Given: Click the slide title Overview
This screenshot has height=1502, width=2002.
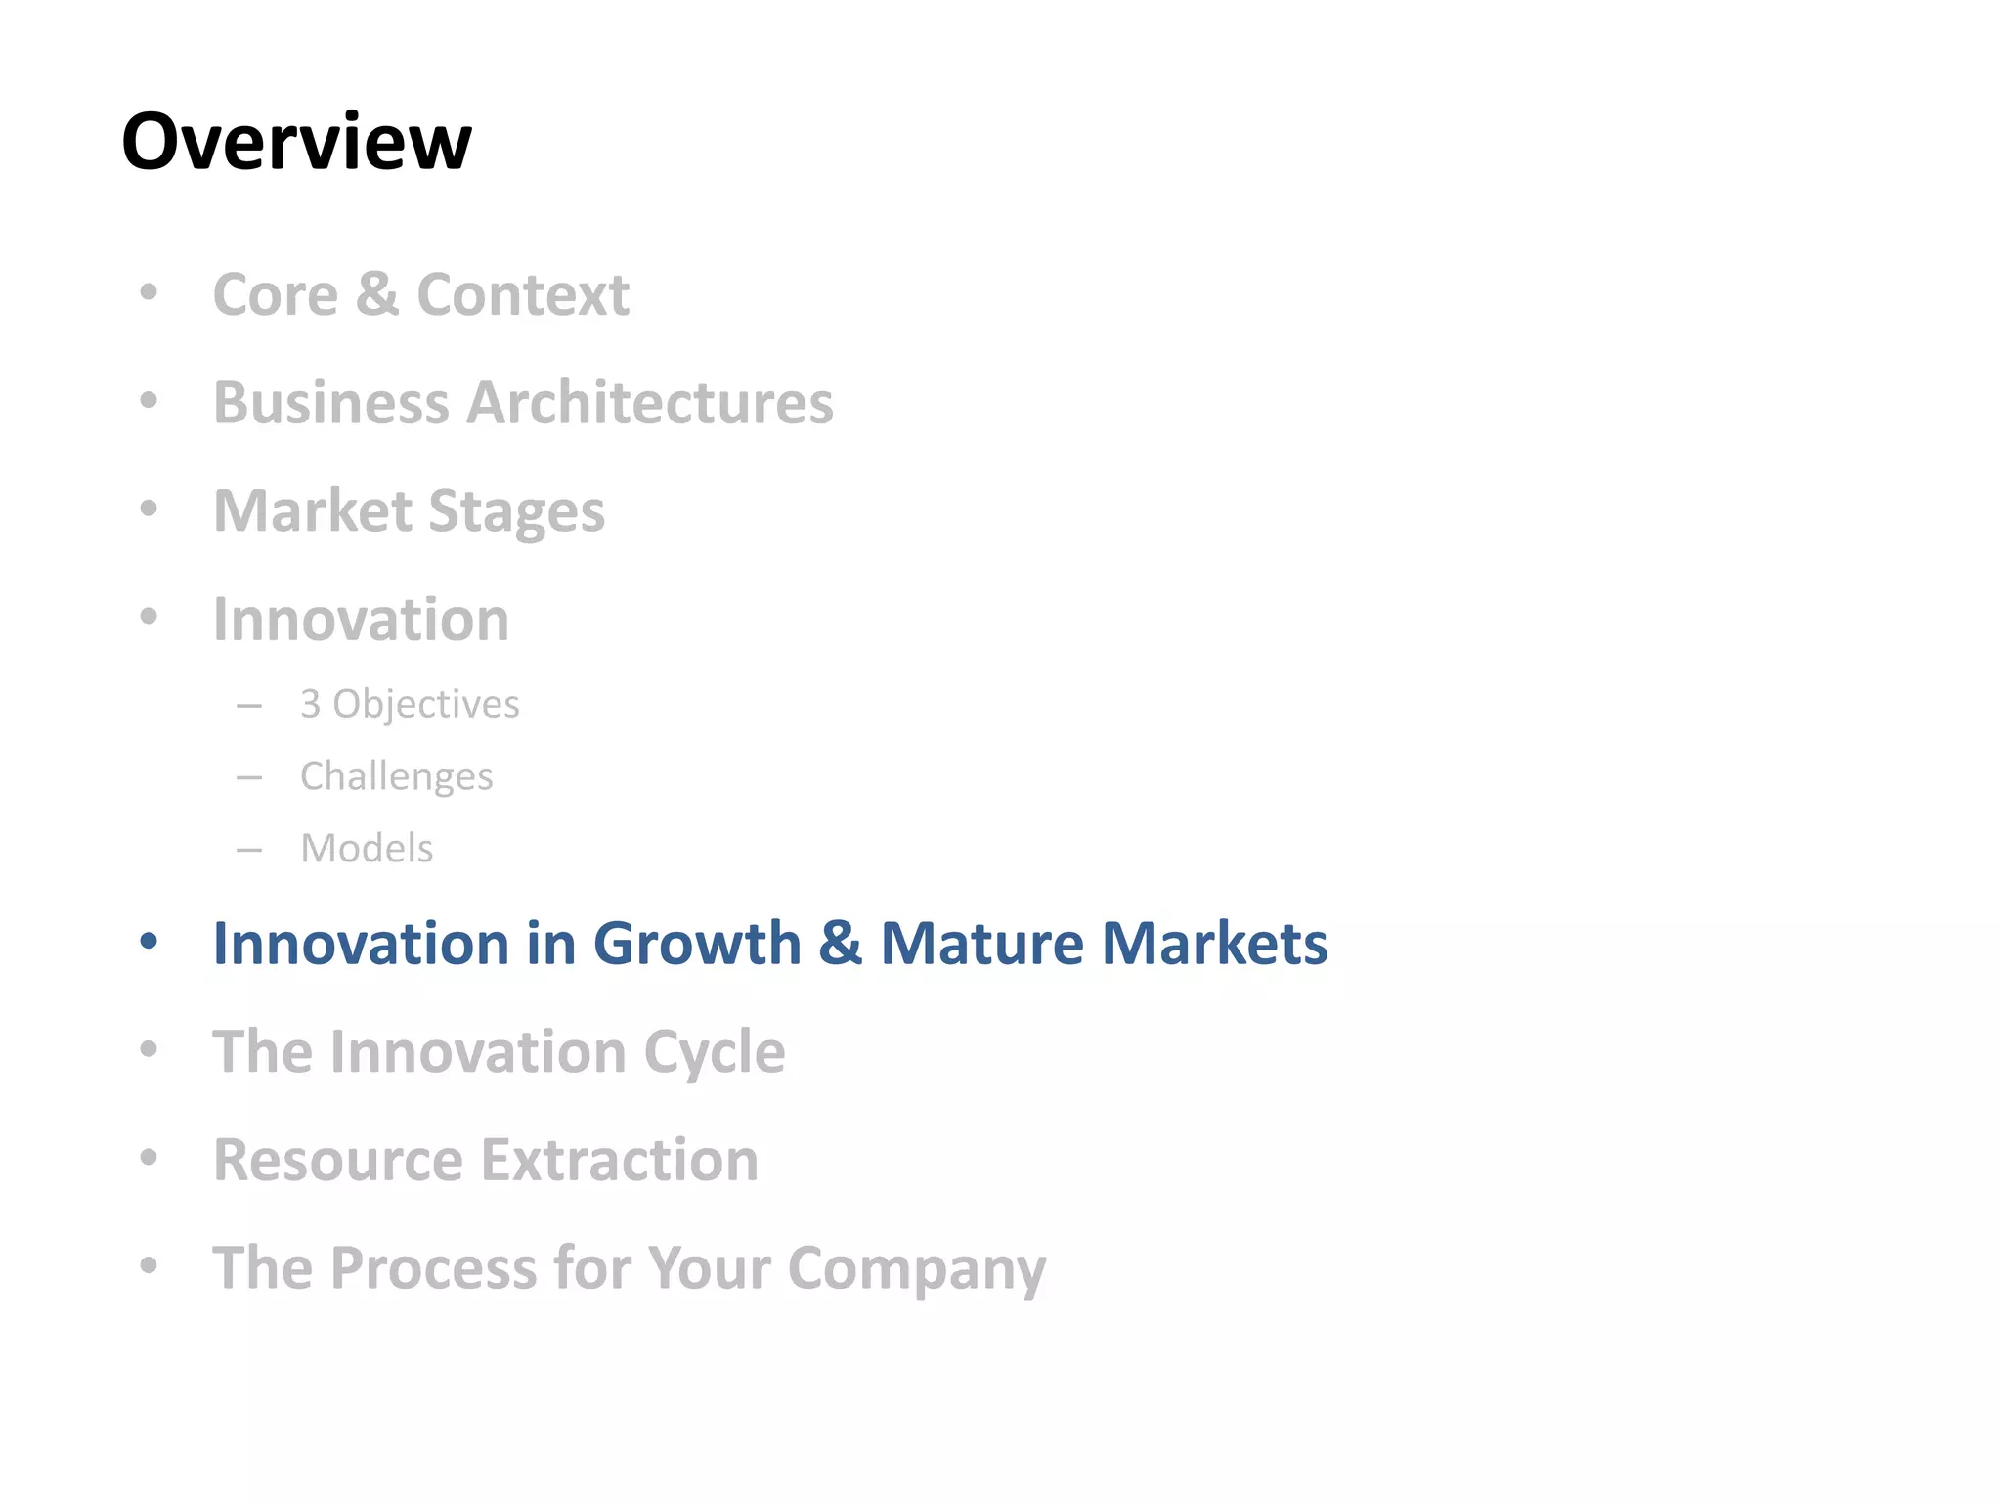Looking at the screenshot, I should (296, 142).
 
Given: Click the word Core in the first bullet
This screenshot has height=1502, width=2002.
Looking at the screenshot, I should (276, 294).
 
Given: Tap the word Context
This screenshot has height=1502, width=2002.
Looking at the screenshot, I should (523, 294).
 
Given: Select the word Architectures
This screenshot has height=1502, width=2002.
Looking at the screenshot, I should (650, 403).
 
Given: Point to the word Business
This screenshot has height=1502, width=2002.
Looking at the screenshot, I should (331, 403).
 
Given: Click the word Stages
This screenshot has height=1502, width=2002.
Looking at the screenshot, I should (516, 511).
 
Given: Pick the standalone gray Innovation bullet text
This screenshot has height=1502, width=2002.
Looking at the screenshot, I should (361, 619).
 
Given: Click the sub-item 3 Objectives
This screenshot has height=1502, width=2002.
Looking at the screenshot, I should (410, 704).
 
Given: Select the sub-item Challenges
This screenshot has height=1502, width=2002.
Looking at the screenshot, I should (396, 776).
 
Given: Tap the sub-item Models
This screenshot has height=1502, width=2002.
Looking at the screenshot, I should (367, 849).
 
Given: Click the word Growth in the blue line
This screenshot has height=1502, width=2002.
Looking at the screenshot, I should (697, 944).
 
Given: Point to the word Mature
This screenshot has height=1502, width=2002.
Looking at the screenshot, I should (981, 944).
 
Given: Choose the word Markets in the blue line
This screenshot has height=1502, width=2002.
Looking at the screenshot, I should (1215, 944).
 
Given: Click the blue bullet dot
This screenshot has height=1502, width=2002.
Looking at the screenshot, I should (149, 942).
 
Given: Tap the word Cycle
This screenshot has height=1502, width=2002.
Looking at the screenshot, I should (714, 1052).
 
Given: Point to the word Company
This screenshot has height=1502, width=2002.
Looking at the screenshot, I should (917, 1269).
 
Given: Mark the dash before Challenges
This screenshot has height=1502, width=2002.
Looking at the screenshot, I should (249, 778).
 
